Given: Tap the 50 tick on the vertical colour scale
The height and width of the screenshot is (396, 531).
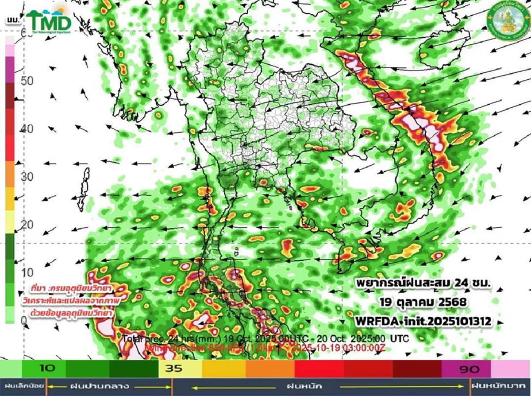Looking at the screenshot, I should click(x=27, y=81).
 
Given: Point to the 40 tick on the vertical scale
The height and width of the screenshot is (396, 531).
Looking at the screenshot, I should click(x=27, y=129).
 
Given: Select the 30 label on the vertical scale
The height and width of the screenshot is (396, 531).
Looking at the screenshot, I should click(x=27, y=177).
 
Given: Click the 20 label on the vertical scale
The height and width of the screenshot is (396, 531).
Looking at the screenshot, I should click(x=27, y=225).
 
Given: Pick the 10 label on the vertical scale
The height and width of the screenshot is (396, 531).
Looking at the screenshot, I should click(x=27, y=272).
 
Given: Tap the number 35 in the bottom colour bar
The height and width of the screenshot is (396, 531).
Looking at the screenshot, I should click(x=173, y=368).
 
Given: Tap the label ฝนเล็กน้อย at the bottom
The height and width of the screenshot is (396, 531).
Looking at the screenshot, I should click(x=22, y=386).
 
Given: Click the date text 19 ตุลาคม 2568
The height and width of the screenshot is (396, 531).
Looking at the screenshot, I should click(x=423, y=303).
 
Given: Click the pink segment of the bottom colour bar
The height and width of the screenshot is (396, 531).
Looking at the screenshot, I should click(x=511, y=369).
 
